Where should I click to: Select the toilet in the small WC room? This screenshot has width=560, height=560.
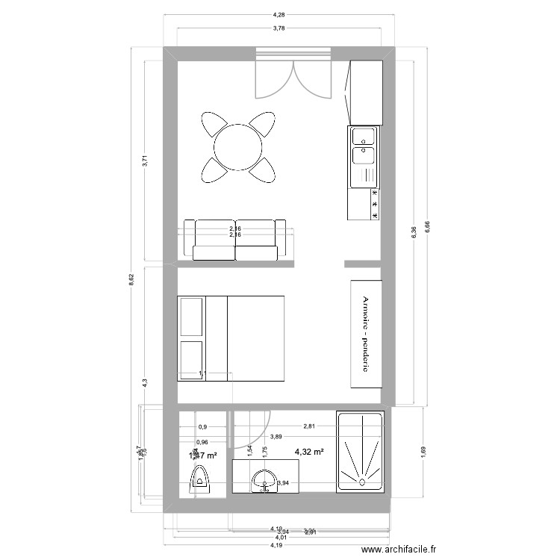[x=201, y=478]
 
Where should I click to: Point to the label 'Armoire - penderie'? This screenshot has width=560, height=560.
[x=366, y=333]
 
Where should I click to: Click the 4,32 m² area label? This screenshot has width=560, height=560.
[x=309, y=452]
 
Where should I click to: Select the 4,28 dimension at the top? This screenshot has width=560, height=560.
[x=279, y=14]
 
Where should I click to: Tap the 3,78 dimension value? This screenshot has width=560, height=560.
[x=279, y=28]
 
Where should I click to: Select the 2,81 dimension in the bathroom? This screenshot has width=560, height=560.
[x=309, y=427]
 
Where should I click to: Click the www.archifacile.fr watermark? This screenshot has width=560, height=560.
[x=398, y=550]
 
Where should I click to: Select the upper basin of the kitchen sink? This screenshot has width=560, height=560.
[x=364, y=137]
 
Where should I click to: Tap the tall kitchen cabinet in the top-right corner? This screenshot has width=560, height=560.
[x=366, y=93]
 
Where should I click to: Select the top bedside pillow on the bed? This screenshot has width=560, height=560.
[x=191, y=317]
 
